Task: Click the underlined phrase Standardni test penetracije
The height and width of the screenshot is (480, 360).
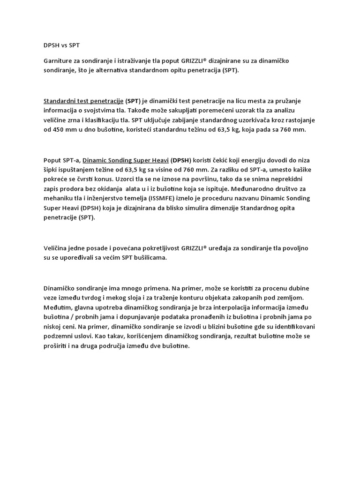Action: coord(83,101)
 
